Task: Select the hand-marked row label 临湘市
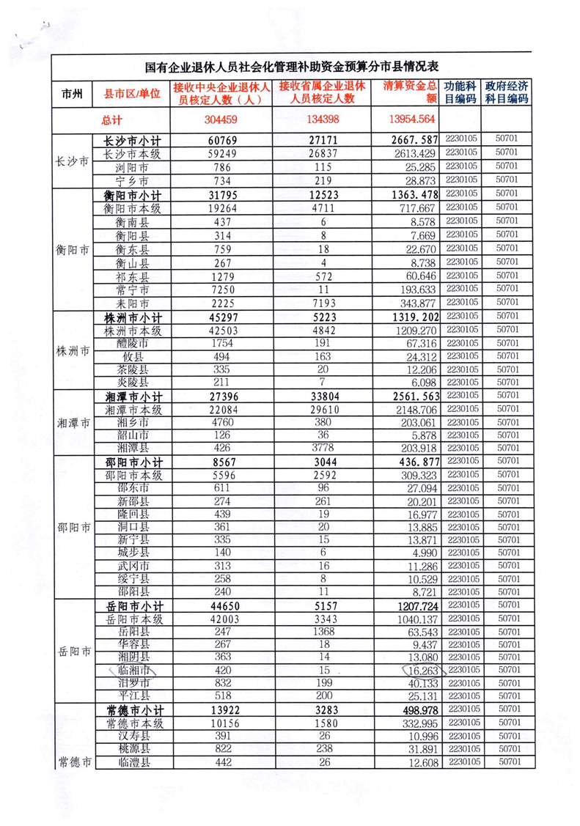pyautogui.click(x=133, y=670)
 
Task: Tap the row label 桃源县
pyautogui.click(x=133, y=749)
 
